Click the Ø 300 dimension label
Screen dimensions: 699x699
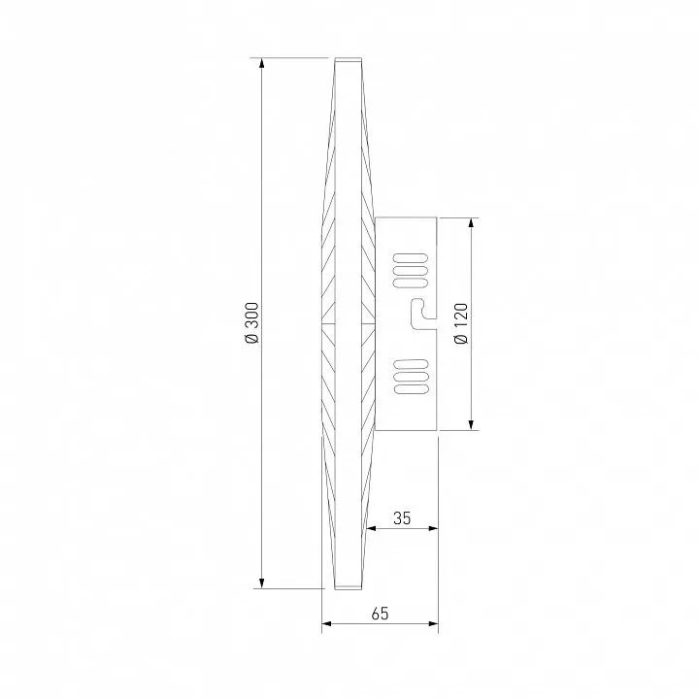click(251, 322)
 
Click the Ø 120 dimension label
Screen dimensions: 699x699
click(461, 323)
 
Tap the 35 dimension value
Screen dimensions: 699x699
click(402, 518)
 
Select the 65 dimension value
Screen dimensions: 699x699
click(380, 614)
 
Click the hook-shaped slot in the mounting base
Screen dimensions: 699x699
click(422, 314)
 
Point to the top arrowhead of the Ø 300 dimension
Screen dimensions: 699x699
click(262, 63)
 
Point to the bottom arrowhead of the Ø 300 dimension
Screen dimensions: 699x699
click(262, 582)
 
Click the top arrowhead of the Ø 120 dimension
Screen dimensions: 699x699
click(471, 223)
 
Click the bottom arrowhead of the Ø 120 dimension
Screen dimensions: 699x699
click(471, 424)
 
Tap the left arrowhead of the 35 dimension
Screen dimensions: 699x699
click(371, 528)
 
